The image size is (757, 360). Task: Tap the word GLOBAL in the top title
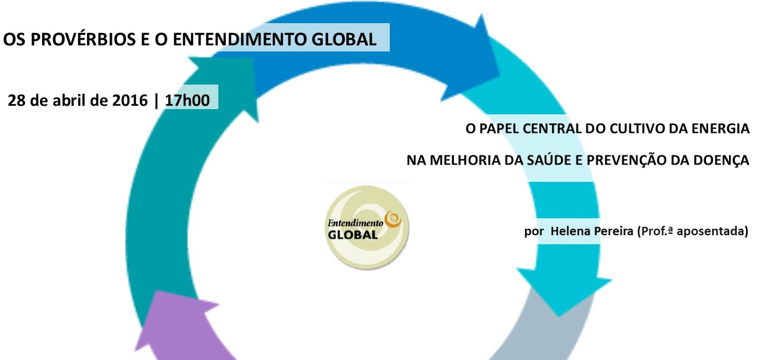[x=344, y=39]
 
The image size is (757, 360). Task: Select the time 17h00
[x=187, y=100]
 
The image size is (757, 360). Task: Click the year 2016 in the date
[x=130, y=100]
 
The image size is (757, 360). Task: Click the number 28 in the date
[x=17, y=100]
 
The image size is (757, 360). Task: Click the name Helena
[x=571, y=231]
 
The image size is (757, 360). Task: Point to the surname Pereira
[x=613, y=231]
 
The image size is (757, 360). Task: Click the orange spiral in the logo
[x=393, y=219]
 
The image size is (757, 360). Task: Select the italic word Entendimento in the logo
[x=355, y=223]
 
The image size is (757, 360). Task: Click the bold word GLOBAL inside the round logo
[x=352, y=235]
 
